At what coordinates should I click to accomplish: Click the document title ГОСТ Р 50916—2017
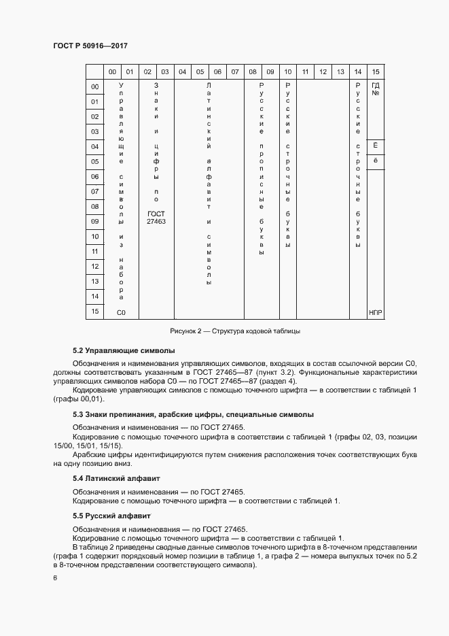coord(90,46)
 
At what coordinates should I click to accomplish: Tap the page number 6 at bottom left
coord(56,578)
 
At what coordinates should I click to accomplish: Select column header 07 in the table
coord(234,71)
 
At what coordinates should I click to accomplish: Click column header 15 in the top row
coord(375,71)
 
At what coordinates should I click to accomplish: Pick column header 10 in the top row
coord(288,71)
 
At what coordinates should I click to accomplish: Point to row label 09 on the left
coord(95,221)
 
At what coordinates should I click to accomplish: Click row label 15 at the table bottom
coord(95,312)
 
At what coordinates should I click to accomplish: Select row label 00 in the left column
coord(95,87)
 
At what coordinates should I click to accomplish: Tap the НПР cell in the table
coord(375,312)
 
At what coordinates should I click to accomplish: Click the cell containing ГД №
coord(375,89)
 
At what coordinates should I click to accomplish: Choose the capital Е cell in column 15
coord(375,146)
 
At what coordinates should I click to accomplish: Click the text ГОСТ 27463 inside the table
coord(156,218)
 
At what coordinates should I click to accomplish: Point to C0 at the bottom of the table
coord(122,312)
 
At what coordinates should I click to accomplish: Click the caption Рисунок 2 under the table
coord(234,331)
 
